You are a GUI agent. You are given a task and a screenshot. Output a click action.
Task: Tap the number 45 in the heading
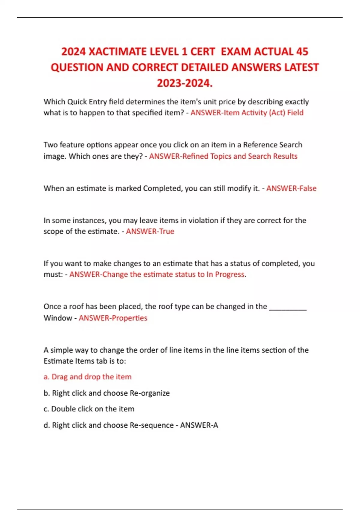[302, 52]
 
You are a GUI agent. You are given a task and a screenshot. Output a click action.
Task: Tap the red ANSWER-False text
[291, 188]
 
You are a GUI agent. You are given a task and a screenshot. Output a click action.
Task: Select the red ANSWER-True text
[150, 231]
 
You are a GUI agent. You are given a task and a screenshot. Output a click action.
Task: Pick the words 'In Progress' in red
[225, 274]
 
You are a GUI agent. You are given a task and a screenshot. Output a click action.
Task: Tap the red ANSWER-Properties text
[113, 318]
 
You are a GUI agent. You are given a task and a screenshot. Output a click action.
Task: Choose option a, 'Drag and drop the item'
[88, 376]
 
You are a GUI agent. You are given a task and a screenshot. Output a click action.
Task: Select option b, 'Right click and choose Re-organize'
[107, 393]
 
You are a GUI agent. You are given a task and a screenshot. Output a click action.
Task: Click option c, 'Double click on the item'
[89, 409]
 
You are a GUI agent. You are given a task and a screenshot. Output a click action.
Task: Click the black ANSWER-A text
[199, 425]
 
